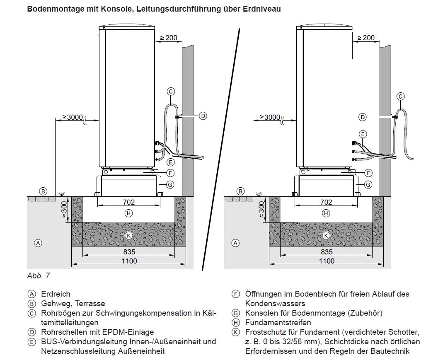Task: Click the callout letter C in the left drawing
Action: click(x=171, y=92)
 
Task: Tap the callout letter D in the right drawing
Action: click(x=363, y=117)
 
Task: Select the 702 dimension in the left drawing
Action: click(x=128, y=202)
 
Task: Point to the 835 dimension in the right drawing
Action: click(x=327, y=251)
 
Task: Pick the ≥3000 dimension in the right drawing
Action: click(x=270, y=117)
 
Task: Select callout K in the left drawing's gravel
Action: click(x=128, y=235)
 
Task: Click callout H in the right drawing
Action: click(x=327, y=213)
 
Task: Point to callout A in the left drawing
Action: click(x=38, y=243)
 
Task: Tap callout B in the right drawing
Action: click(x=240, y=191)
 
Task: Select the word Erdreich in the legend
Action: click(x=56, y=294)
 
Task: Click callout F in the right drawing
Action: click(x=368, y=173)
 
